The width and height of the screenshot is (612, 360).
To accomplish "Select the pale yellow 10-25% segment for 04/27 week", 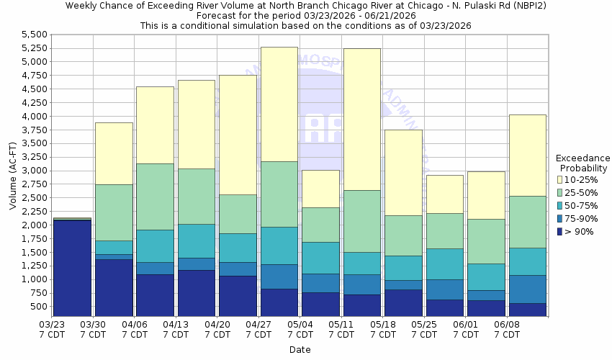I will [279, 104].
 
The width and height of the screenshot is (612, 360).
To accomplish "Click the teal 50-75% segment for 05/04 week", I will [320, 258].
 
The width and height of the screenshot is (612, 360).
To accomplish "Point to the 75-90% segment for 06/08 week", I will [527, 289].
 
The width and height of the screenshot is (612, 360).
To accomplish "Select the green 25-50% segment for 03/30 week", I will [114, 212].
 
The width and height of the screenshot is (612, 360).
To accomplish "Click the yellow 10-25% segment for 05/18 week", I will [403, 173].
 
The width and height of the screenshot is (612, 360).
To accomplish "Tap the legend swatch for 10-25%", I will [559, 179].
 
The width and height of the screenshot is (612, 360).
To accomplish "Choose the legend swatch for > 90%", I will [559, 231].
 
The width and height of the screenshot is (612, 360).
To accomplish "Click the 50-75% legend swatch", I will [559, 205].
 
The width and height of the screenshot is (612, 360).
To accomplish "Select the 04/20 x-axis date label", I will [217, 330].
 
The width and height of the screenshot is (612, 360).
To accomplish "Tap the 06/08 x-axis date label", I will [507, 330].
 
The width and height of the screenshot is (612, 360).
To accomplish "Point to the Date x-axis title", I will [300, 350].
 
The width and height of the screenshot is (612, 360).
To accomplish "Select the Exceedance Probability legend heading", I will [582, 163].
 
